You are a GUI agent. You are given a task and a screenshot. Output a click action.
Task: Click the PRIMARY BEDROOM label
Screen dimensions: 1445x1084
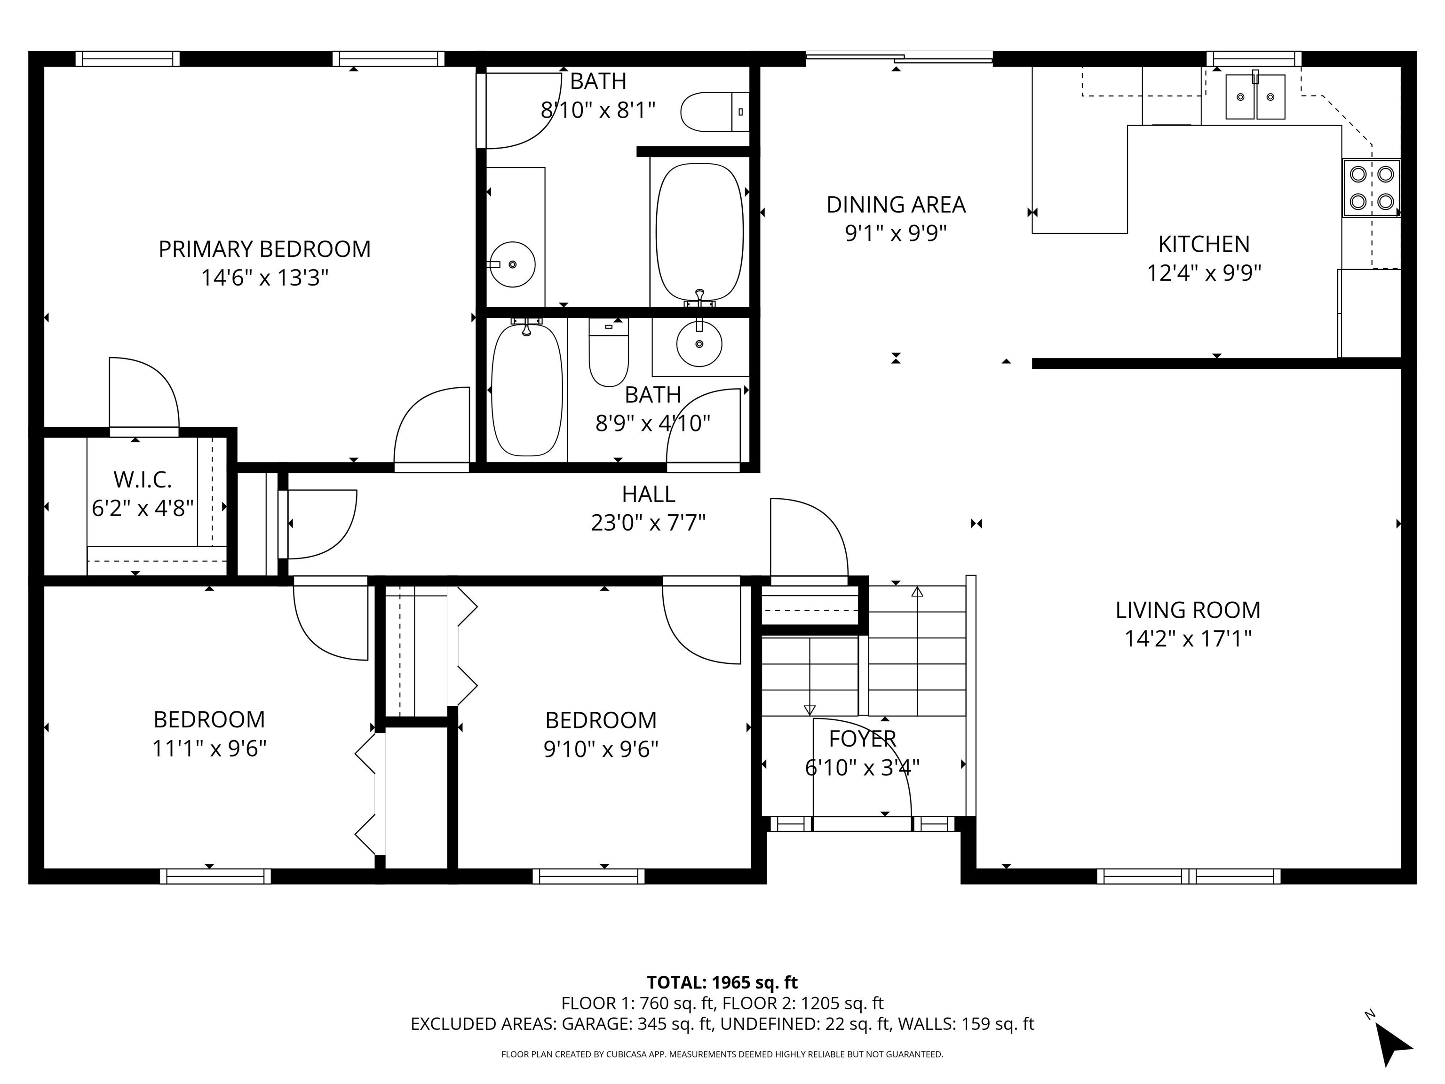pyautogui.click(x=264, y=249)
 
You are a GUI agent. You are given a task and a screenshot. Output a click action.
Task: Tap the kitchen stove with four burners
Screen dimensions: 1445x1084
pyautogui.click(x=1371, y=188)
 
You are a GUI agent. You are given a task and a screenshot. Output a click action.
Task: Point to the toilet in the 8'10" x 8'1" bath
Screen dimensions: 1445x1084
pyautogui.click(x=715, y=112)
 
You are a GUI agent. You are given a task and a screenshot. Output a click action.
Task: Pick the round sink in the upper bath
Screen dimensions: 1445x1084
pyautogui.click(x=512, y=264)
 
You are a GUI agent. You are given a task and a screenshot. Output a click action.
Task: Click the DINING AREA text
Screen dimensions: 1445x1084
pyautogui.click(x=896, y=205)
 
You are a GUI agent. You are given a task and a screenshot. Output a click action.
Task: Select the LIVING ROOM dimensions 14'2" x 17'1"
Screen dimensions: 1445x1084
pyautogui.click(x=1188, y=638)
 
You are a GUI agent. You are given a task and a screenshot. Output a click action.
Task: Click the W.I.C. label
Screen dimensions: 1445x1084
pyautogui.click(x=143, y=479)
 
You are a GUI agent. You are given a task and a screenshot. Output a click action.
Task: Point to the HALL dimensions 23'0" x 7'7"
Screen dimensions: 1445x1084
pyautogui.click(x=648, y=523)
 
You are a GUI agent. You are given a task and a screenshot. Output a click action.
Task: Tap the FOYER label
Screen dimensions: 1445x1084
pyautogui.click(x=862, y=738)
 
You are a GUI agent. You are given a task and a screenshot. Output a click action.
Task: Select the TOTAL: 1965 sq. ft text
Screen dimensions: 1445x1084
pyautogui.click(x=722, y=983)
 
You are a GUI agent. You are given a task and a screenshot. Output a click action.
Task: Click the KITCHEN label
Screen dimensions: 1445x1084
pyautogui.click(x=1204, y=244)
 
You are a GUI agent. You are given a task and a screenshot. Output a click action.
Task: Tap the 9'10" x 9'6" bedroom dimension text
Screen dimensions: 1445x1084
pyautogui.click(x=601, y=749)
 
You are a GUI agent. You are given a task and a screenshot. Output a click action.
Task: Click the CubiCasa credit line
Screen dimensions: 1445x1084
pyautogui.click(x=722, y=1054)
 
